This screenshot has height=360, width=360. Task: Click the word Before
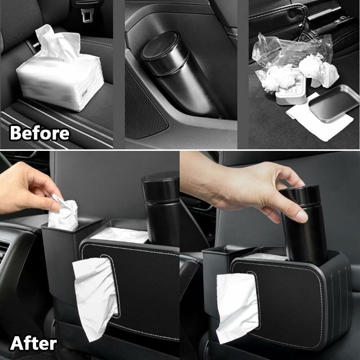coord(40,133)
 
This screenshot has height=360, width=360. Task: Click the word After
coord(33,343)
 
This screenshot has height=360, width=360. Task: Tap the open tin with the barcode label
coord(291,92)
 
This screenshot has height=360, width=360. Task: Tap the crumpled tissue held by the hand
coord(63,213)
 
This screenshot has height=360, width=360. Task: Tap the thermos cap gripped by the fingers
coord(301,195)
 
